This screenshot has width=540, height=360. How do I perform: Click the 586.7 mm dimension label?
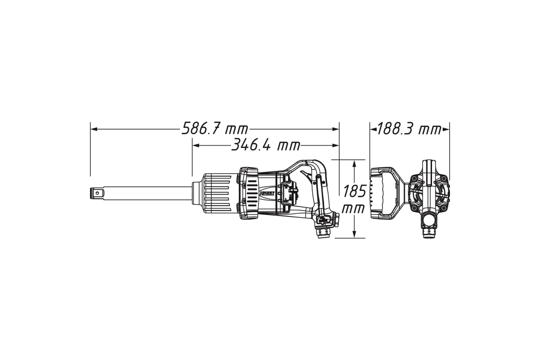coord(215,129)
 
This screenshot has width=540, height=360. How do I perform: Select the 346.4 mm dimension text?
coord(265,145)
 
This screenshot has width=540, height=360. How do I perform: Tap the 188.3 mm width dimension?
coord(409,129)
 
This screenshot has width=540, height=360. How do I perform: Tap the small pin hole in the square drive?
coord(97,193)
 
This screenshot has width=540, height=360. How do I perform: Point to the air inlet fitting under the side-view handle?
coord(324,233)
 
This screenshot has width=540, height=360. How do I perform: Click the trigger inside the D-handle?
coord(306,174)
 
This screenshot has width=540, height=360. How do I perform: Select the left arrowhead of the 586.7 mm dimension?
coord(94,129)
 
